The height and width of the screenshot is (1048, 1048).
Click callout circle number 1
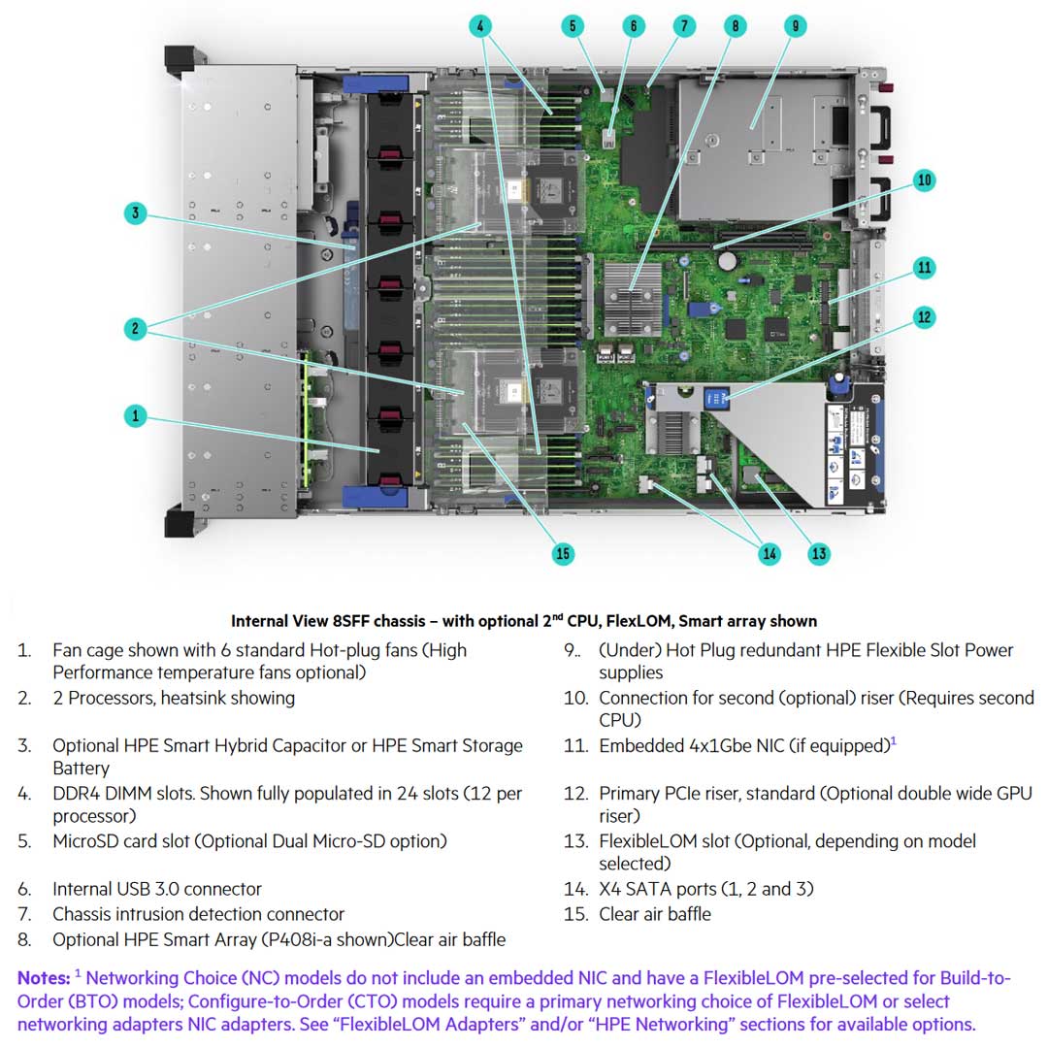pyautogui.click(x=136, y=415)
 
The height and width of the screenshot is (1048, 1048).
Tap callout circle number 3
pyautogui.click(x=136, y=213)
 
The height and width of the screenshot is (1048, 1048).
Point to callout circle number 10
pyautogui.click(x=924, y=180)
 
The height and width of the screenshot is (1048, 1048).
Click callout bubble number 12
pyautogui.click(x=924, y=316)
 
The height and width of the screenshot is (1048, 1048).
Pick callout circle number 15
pyautogui.click(x=562, y=554)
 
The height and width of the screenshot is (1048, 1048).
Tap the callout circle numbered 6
pyautogui.click(x=633, y=26)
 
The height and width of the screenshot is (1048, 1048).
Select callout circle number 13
pyautogui.click(x=819, y=554)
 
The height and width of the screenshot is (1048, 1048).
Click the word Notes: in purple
pyautogui.click(x=44, y=977)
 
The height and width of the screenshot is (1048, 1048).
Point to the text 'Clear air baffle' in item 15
pyautogui.click(x=654, y=914)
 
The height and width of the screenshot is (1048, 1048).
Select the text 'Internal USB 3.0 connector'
pyautogui.click(x=156, y=889)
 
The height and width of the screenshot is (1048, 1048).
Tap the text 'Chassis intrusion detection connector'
pyautogui.click(x=198, y=914)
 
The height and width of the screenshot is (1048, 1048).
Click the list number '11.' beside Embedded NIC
pyautogui.click(x=575, y=746)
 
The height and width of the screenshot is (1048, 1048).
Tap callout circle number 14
pyautogui.click(x=770, y=554)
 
